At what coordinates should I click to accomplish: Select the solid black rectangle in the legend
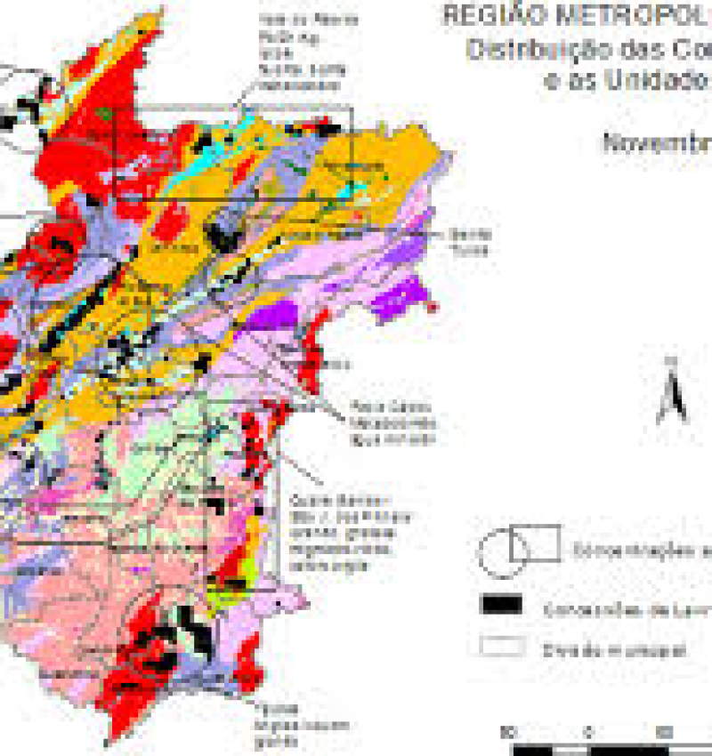pyautogui.click(x=501, y=604)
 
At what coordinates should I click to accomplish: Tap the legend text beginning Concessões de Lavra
pyautogui.click(x=623, y=608)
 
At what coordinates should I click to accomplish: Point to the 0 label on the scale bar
pyautogui.click(x=588, y=732)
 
